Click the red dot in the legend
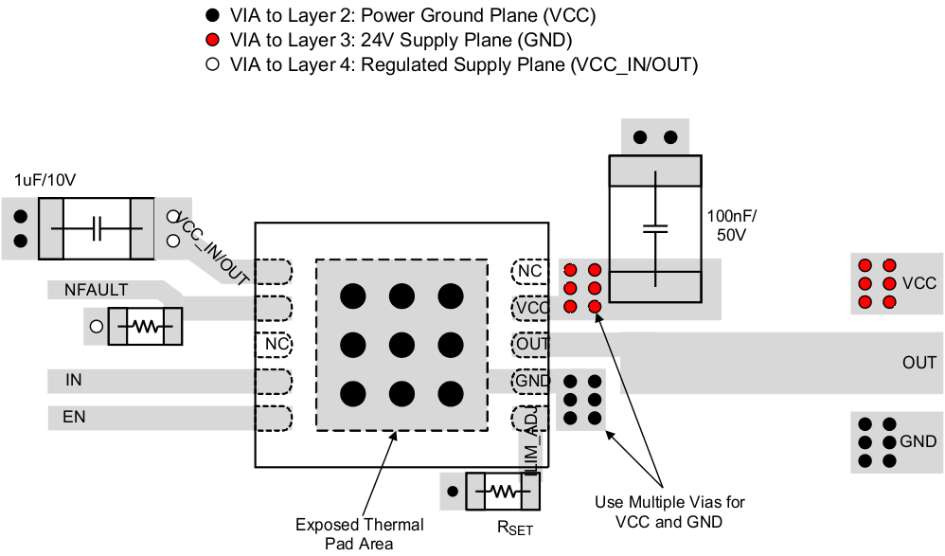click(213, 41)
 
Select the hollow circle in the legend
click(213, 65)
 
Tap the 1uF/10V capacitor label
click(45, 180)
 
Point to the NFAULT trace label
click(96, 290)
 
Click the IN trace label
click(73, 381)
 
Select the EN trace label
click(75, 416)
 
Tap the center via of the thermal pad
click(401, 344)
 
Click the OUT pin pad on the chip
click(532, 344)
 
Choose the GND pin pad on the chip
click(532, 381)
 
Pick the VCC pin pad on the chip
click(532, 308)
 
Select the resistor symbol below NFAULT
click(144, 328)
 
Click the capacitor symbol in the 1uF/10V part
click(96, 228)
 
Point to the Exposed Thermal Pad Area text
click(359, 533)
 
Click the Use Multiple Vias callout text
click(663, 510)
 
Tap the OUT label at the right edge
click(918, 363)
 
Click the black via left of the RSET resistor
click(453, 492)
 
